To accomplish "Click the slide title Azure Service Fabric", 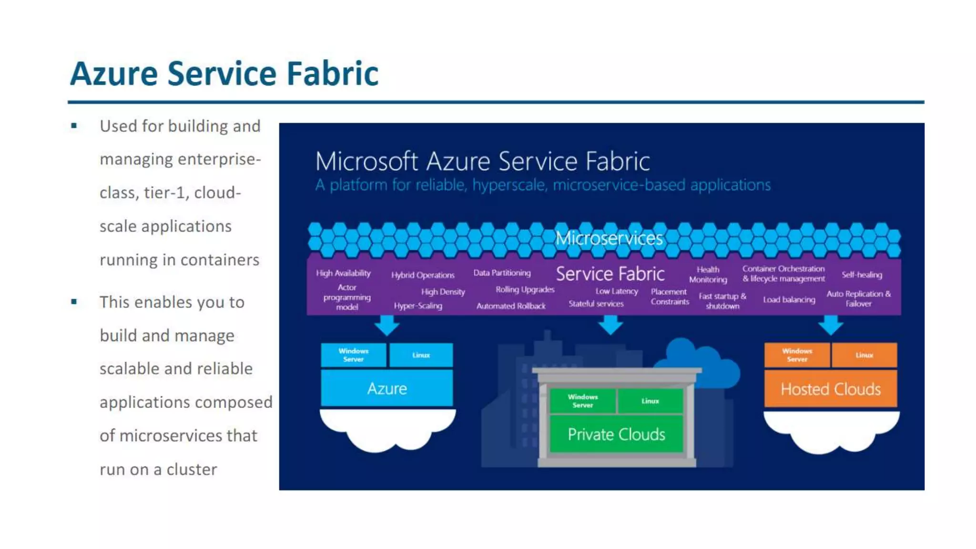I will pyautogui.click(x=224, y=74).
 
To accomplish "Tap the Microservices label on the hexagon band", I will pyautogui.click(x=609, y=238).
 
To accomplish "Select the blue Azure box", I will pyautogui.click(x=387, y=388).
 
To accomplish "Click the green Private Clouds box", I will pyautogui.click(x=616, y=434).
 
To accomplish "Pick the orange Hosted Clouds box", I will pyautogui.click(x=831, y=389).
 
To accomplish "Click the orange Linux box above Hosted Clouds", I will pyautogui.click(x=864, y=355).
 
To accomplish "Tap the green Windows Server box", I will pyautogui.click(x=582, y=401).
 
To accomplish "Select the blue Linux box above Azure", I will pyautogui.click(x=421, y=355).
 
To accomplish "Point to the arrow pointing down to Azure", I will pyautogui.click(x=387, y=325).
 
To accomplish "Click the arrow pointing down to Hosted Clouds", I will pyautogui.click(x=831, y=325).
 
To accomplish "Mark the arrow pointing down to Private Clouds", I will pyautogui.click(x=610, y=325).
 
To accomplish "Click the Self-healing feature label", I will pyautogui.click(x=862, y=275).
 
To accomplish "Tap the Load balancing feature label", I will pyautogui.click(x=789, y=300).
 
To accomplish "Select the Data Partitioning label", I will pyautogui.click(x=502, y=273).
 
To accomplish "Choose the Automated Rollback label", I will pyautogui.click(x=511, y=306).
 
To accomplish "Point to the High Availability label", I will pyautogui.click(x=343, y=273).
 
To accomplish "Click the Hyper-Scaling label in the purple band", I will pyautogui.click(x=418, y=306).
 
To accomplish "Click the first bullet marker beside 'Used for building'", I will pyautogui.click(x=74, y=126).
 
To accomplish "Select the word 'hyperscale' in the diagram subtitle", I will pyautogui.click(x=508, y=185).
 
